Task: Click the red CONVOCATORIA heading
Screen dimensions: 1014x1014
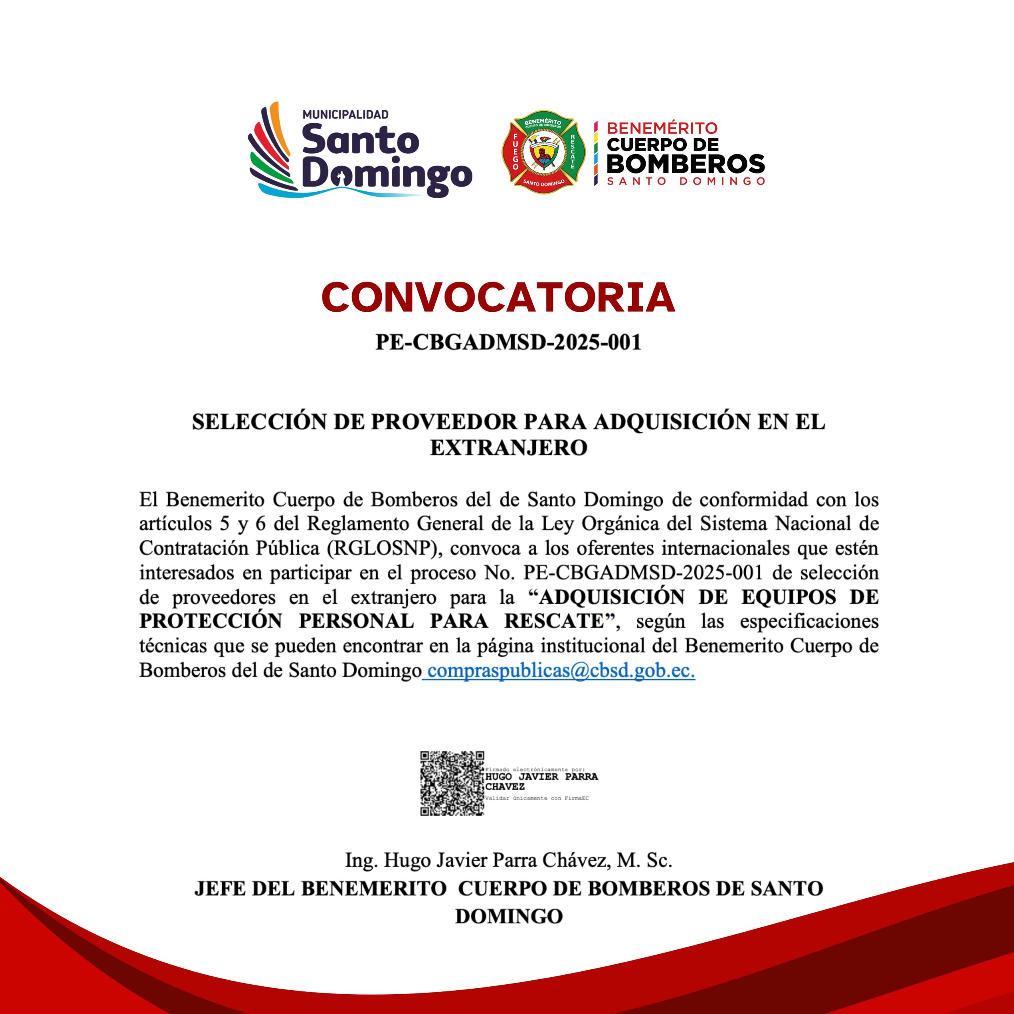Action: point(497,297)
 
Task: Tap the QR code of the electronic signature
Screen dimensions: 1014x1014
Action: point(452,783)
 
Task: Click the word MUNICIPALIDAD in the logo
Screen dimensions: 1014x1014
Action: point(345,114)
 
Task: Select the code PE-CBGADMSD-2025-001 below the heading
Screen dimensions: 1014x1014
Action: point(508,342)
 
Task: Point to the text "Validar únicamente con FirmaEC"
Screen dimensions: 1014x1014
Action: point(537,798)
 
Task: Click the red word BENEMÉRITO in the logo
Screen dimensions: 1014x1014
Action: point(662,128)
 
